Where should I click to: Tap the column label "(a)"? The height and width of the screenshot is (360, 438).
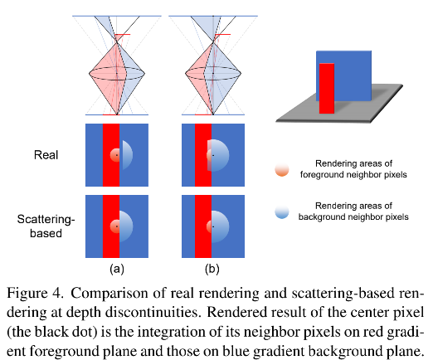point(117,269)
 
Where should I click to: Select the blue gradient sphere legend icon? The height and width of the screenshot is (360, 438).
point(282,211)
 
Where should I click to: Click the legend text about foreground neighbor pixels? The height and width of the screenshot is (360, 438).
point(353,168)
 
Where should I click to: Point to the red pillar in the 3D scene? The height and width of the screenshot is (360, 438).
point(326,88)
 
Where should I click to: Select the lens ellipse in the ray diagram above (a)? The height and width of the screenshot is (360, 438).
point(117,72)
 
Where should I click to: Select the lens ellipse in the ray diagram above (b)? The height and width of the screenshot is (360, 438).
point(212,72)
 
